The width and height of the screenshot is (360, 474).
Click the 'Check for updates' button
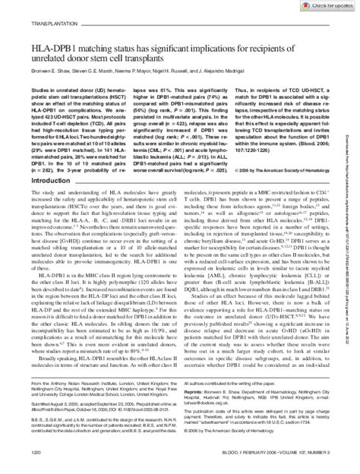point(326,6)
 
